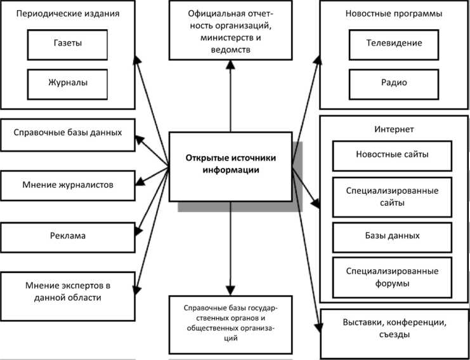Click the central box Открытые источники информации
tap(232, 164)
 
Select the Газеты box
tap(68, 44)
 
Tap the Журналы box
tap(68, 83)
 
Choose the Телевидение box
tap(394, 44)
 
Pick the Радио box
tap(394, 83)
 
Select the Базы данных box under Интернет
tap(392, 236)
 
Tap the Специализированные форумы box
tap(392, 276)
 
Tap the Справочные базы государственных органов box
tap(231, 323)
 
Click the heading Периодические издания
tap(68, 13)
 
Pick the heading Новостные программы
tap(394, 13)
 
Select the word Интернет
tap(394, 129)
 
